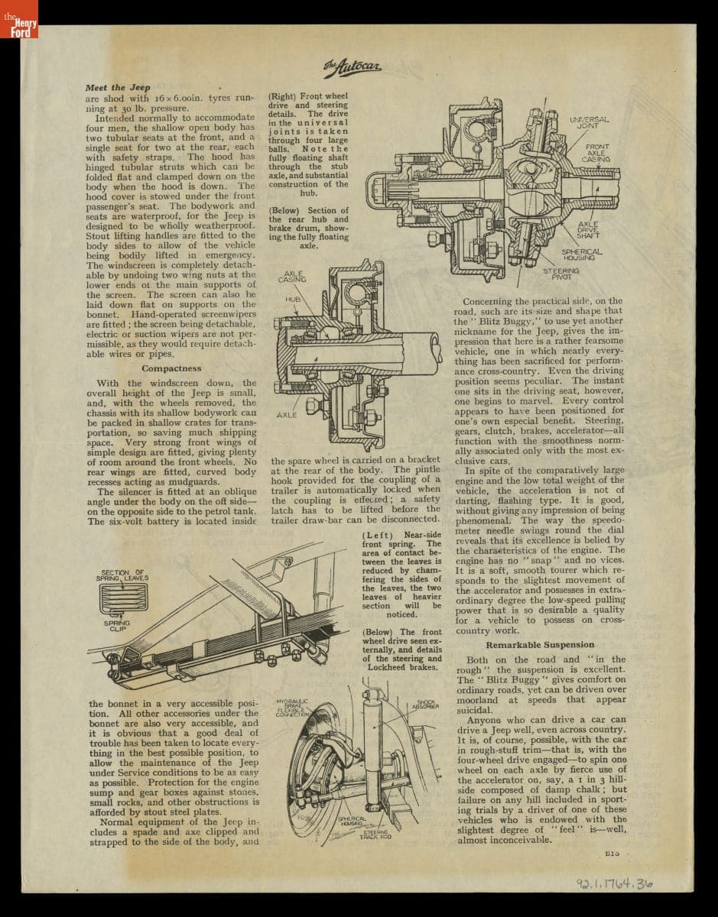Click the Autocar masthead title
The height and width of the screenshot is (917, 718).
pyautogui.click(x=352, y=67)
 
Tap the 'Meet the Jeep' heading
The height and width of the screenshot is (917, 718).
pyautogui.click(x=118, y=87)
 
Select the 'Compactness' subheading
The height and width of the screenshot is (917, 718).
pyautogui.click(x=171, y=368)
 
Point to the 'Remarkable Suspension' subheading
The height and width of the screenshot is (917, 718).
pyautogui.click(x=539, y=645)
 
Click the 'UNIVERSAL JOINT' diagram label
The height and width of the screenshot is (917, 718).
pyautogui.click(x=589, y=122)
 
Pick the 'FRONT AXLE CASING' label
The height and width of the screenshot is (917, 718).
pyautogui.click(x=597, y=152)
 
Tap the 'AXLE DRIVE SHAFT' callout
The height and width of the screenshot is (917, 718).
pyautogui.click(x=589, y=229)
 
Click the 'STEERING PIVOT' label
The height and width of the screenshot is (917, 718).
pyautogui.click(x=561, y=273)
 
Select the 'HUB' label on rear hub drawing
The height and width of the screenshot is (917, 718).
pyautogui.click(x=293, y=299)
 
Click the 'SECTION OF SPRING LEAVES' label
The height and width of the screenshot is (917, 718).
pyautogui.click(x=122, y=575)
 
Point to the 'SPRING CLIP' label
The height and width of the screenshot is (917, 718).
pyautogui.click(x=117, y=626)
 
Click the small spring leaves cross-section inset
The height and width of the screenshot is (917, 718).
pyautogui.click(x=122, y=598)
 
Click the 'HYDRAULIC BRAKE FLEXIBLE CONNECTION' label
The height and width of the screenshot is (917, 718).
pyautogui.click(x=294, y=707)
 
